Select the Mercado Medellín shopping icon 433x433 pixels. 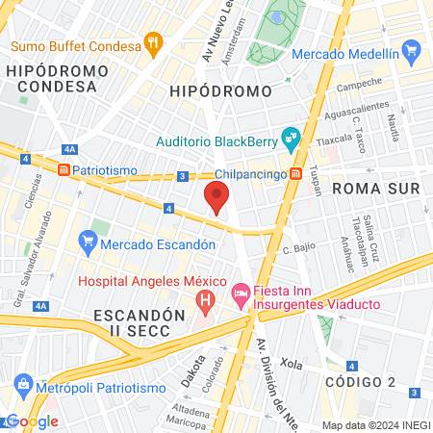click(x=413, y=50)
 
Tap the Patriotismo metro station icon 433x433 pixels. click(x=64, y=169)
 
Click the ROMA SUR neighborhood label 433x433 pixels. click(x=376, y=190)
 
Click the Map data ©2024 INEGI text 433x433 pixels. click(x=375, y=425)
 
